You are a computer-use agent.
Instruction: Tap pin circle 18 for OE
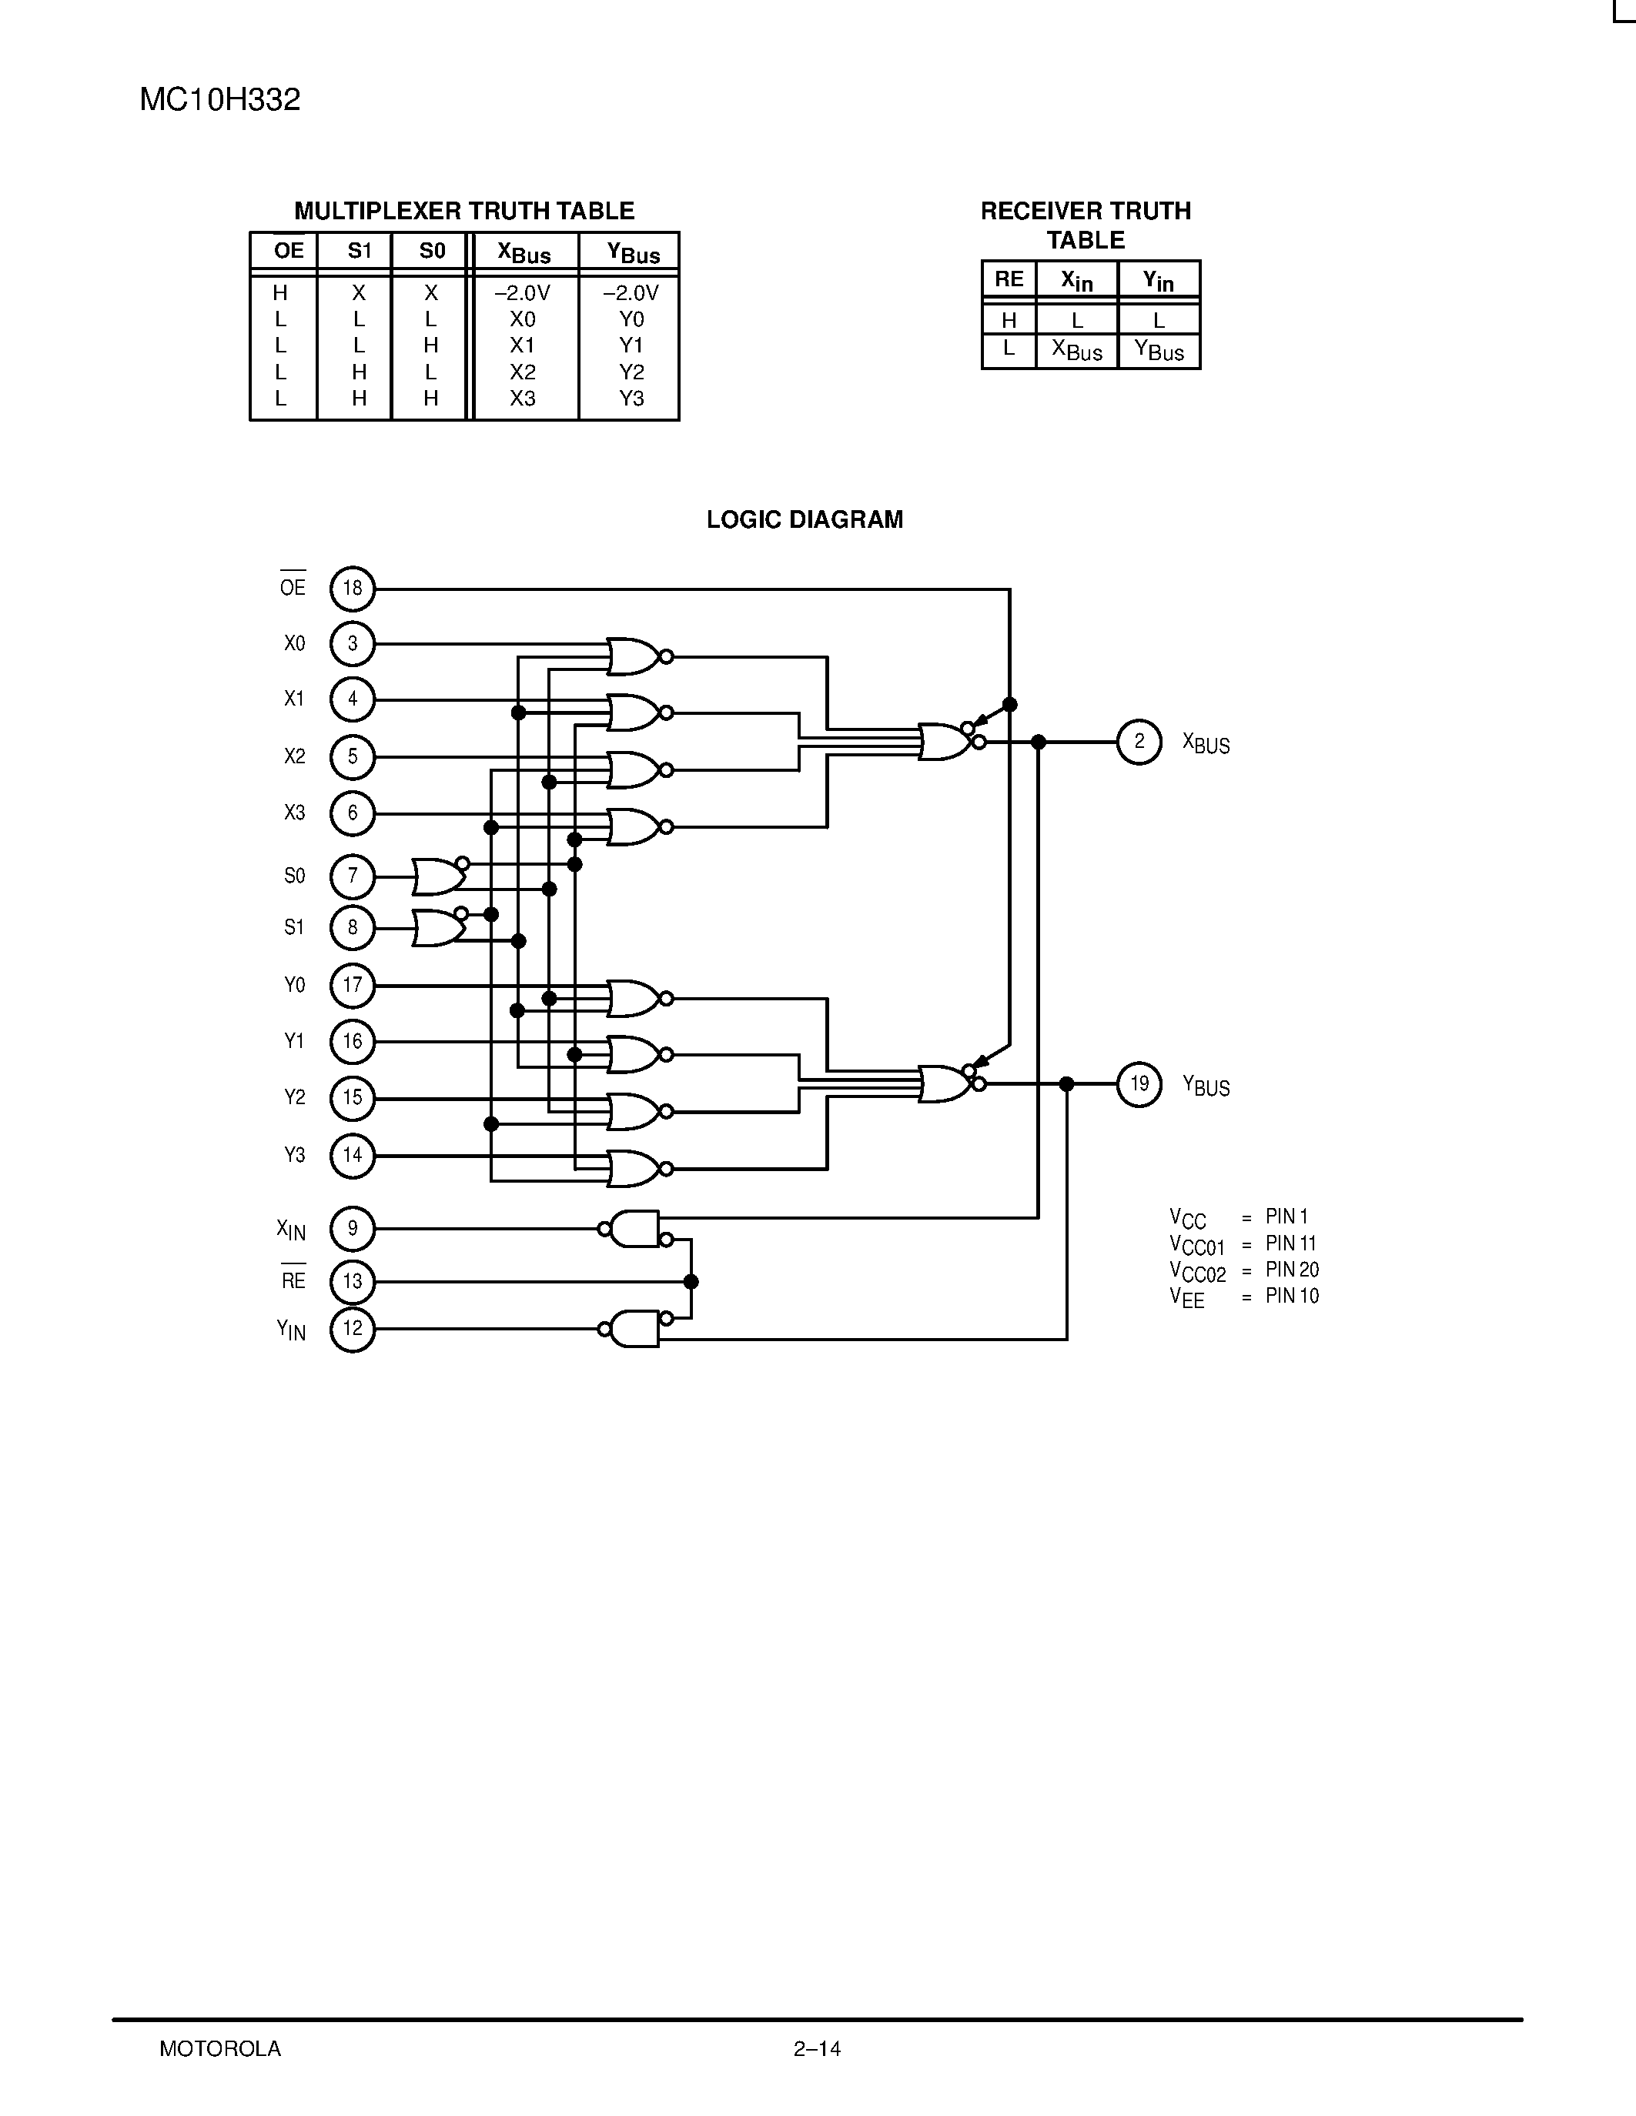352,588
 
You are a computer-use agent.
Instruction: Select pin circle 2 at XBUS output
1139,743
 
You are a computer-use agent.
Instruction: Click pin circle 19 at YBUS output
1139,1084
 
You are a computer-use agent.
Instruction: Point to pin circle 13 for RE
352,1282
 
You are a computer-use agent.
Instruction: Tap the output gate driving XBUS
945,743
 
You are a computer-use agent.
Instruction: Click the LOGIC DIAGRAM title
805,520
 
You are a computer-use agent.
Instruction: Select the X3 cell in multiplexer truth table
523,399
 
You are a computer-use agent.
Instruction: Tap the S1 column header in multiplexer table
360,251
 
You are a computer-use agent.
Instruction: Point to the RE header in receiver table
1009,279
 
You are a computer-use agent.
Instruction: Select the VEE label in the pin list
1187,1297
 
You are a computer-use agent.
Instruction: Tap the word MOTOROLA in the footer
220,2049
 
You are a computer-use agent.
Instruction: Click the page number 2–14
817,2049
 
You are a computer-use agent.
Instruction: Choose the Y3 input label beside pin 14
295,1155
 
